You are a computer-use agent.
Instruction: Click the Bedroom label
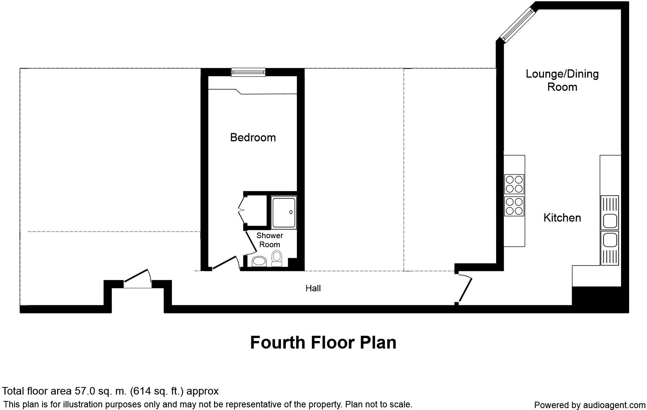[253, 138]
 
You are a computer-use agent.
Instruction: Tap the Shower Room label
[270, 240]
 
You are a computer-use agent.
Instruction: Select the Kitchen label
[562, 218]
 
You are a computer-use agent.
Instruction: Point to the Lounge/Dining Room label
[562, 80]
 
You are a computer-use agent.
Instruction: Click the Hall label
[313, 288]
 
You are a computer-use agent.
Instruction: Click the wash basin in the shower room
[259, 261]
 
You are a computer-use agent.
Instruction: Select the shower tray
[284, 213]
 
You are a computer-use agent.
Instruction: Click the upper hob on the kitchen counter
[514, 184]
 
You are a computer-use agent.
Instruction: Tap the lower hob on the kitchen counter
[514, 206]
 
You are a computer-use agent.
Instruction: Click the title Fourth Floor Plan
[323, 343]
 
